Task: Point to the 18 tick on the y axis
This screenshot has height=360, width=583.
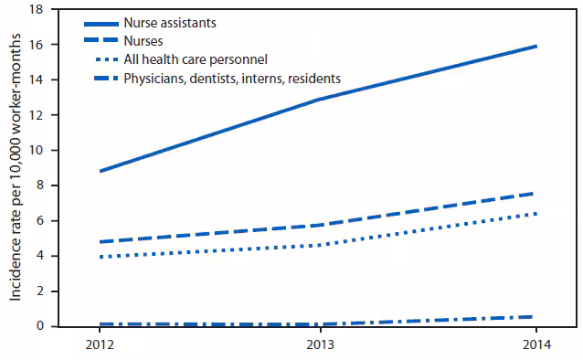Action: click(38, 9)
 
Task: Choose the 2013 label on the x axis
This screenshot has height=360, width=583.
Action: click(318, 346)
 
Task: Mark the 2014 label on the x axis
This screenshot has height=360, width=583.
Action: click(535, 346)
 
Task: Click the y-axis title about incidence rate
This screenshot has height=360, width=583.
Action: click(16, 169)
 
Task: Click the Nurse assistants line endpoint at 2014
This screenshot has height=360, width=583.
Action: click(535, 46)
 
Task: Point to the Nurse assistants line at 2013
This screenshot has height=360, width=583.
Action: click(318, 100)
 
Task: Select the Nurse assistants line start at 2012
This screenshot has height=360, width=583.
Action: click(100, 171)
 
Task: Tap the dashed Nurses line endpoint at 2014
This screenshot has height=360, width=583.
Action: click(535, 193)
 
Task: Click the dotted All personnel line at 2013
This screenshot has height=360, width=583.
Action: click(318, 245)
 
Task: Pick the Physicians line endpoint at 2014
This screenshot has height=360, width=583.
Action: click(535, 317)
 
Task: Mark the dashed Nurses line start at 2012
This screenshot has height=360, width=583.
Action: click(100, 242)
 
